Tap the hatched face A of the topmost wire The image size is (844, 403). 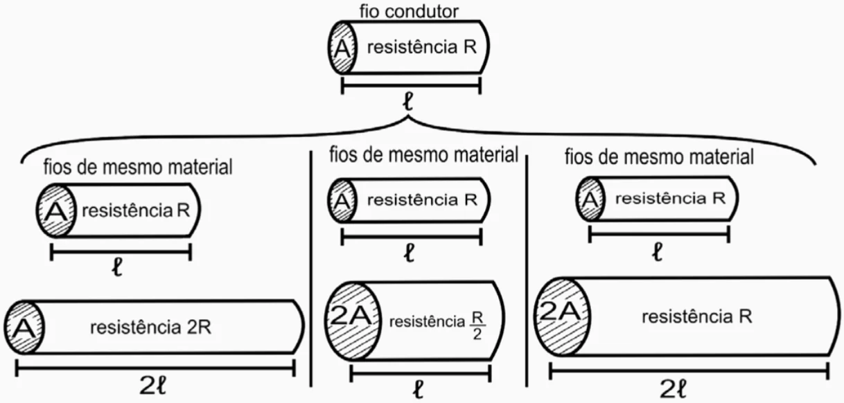[342, 48]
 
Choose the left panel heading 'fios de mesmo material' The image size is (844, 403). [137, 167]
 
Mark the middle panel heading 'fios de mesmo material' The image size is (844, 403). [424, 154]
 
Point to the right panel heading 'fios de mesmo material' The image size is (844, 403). [659, 157]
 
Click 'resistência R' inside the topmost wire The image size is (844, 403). [421, 48]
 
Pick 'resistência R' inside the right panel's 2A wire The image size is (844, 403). [696, 317]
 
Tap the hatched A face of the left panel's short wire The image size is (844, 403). [55, 210]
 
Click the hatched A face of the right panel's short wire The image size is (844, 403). [590, 199]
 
